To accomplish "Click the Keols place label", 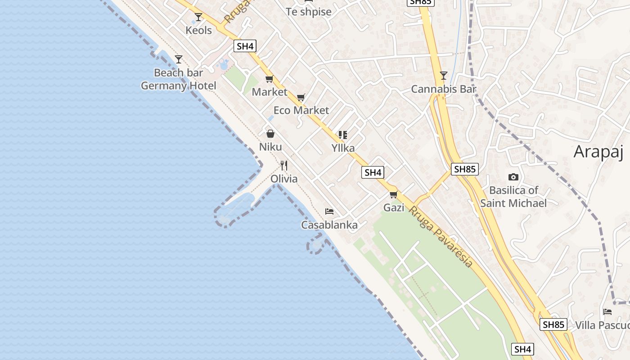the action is point(198,30).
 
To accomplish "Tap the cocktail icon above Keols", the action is point(198,17).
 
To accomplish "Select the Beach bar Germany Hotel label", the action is point(179,79).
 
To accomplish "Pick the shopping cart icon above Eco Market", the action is point(301,97).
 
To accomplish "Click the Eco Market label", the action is point(301,110).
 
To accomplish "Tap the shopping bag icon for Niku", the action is point(270,134).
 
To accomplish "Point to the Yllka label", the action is point(343,148).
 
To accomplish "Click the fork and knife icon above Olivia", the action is point(284,165).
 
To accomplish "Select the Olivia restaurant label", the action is point(284,179).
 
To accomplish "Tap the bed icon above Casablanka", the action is point(329,211).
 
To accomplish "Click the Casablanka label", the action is point(329,225).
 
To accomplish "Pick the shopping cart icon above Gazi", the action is point(394,194).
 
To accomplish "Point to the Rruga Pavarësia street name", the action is point(440,236).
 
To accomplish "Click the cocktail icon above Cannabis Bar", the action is point(444,76).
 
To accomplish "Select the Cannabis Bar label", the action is point(444,89).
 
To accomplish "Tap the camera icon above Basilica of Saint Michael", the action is point(513,177).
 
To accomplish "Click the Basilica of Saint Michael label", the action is point(513,197).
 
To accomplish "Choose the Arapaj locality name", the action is point(598,152).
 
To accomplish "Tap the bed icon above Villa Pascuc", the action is point(607,311).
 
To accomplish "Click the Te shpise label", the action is point(309,12).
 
